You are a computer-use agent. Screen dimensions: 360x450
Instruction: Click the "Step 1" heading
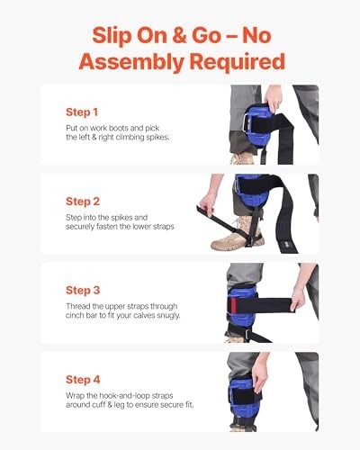(82, 112)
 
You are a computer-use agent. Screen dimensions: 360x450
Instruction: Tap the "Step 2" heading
(83, 202)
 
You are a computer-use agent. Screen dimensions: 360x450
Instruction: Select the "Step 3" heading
(83, 291)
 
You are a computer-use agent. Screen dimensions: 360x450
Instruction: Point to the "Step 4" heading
(83, 380)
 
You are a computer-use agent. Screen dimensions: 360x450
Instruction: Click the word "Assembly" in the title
(131, 62)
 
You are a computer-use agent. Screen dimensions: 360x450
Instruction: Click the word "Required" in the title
(237, 61)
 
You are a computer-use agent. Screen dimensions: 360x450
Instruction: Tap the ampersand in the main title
(179, 35)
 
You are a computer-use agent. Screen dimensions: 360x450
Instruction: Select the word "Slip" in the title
(112, 36)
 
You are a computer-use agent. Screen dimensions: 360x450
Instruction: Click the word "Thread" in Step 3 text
(76, 306)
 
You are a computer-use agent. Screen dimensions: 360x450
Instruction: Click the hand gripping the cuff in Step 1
(274, 98)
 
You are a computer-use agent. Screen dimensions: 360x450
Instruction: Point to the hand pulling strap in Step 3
(298, 298)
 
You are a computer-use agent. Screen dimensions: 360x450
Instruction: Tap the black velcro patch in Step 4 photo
(243, 397)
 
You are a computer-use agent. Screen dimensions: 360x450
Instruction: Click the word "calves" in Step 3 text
(145, 315)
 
